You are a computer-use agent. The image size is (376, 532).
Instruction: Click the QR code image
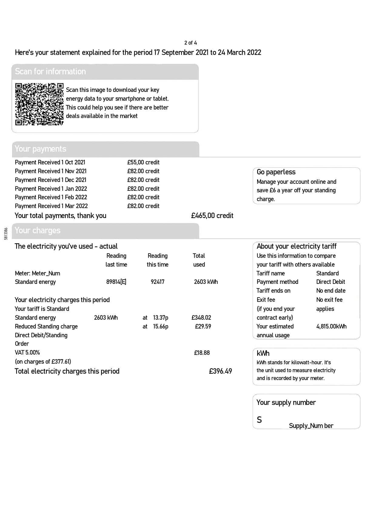39,104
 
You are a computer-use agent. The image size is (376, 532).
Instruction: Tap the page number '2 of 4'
190,43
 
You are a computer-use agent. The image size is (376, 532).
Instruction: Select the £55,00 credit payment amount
143,162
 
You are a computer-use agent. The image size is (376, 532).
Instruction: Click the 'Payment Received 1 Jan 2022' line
51,189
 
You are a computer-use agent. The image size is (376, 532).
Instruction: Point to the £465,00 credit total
212,216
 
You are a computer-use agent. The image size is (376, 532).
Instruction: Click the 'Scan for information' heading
50,72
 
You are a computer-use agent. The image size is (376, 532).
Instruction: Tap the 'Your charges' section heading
38,231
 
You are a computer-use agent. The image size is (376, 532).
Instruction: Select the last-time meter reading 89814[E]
116,282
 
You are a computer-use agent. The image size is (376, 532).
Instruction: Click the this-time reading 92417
157,282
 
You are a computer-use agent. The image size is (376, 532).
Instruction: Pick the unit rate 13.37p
160,318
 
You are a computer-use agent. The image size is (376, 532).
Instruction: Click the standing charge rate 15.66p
160,326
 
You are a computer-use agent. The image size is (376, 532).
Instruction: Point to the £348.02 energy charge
201,318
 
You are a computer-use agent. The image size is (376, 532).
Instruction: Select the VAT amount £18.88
202,353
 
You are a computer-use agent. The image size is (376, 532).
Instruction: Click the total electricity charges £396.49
220,371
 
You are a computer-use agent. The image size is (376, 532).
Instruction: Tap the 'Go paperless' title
276,172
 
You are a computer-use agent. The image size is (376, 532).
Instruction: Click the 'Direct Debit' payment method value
331,282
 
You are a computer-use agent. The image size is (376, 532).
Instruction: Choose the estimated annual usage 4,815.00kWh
331,326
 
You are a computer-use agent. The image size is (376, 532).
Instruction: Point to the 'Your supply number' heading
286,402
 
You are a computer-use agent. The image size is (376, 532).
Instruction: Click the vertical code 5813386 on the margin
6,234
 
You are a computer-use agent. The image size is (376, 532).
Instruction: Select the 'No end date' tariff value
331,291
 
